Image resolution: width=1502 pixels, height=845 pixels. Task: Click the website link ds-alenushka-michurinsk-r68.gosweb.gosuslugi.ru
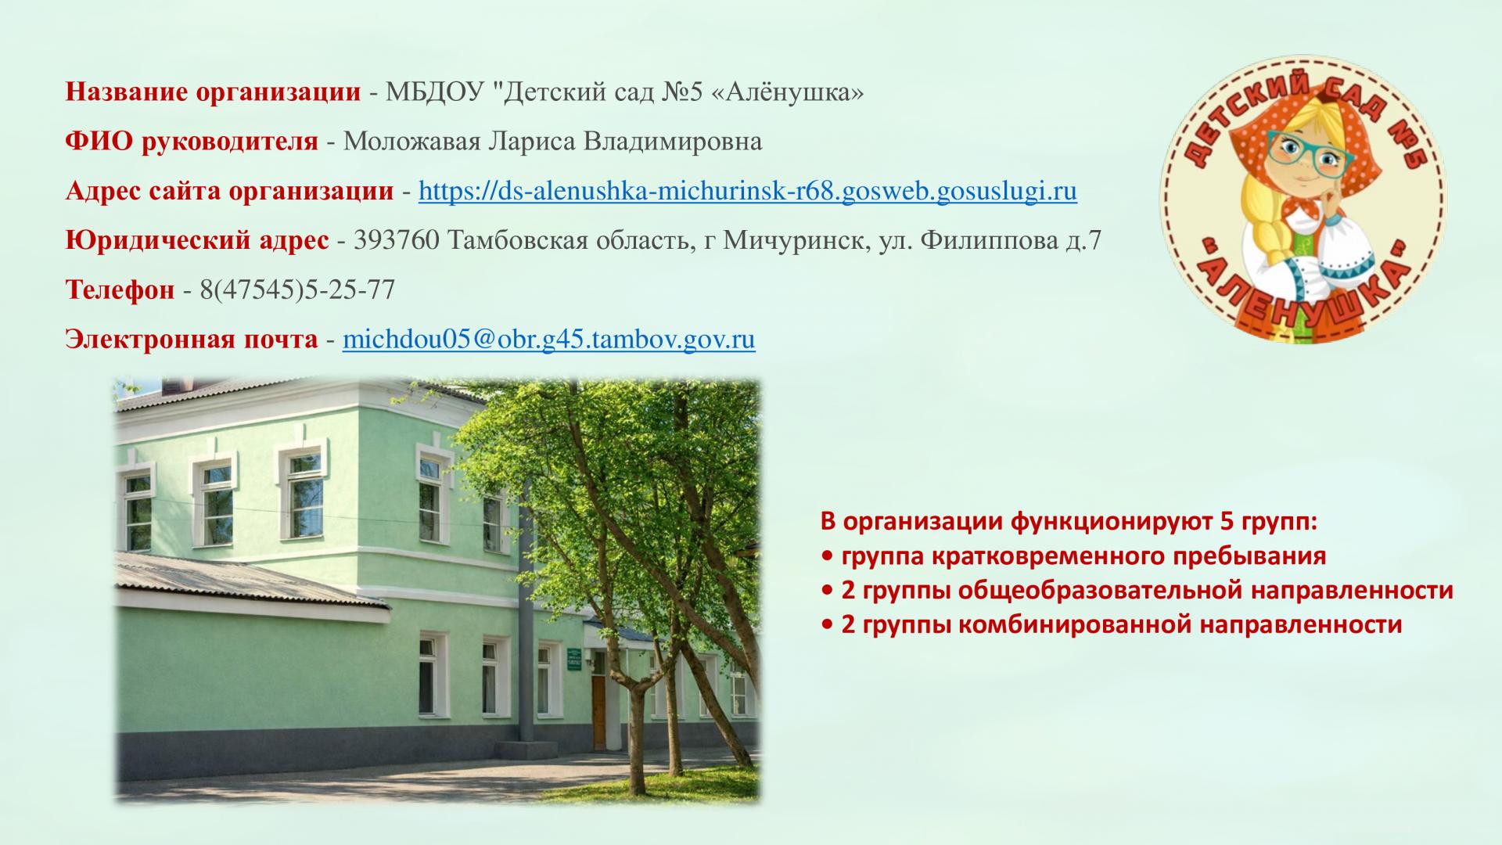tap(748, 192)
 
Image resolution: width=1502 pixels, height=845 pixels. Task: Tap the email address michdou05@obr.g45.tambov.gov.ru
tap(549, 340)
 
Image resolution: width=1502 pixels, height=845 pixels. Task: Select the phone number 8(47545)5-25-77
tap(297, 290)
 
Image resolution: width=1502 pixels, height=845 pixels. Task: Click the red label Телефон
tap(120, 290)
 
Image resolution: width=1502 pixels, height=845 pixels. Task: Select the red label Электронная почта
tap(192, 340)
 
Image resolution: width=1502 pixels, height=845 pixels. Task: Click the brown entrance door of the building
tap(598, 712)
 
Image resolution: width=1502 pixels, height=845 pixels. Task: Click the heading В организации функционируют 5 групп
tap(1069, 521)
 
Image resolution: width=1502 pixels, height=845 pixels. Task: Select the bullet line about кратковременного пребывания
tap(1074, 556)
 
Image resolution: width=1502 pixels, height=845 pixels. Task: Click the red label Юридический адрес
tap(197, 241)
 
